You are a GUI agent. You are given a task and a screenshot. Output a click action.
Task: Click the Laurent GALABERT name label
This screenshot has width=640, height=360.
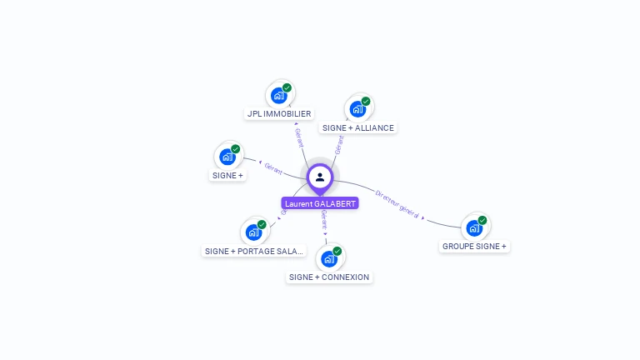[320, 203]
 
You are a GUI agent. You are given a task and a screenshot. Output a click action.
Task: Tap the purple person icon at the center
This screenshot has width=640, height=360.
[320, 177]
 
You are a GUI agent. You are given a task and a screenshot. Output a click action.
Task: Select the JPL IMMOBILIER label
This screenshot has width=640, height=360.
[279, 113]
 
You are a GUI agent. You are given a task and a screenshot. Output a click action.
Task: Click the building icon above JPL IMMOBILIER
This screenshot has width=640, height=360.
[279, 95]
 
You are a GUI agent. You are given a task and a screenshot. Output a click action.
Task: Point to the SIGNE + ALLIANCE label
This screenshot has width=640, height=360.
[357, 127]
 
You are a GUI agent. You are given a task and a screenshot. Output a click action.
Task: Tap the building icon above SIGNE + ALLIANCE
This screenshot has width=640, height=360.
[357, 109]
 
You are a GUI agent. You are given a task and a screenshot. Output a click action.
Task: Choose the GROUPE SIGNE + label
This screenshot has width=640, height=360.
[474, 246]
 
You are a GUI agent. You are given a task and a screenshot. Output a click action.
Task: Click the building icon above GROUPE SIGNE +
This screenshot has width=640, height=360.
[474, 227]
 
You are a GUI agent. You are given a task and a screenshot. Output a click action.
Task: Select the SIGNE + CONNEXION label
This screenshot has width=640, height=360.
[329, 277]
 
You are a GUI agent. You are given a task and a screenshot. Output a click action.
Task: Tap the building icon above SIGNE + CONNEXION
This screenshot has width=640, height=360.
[329, 258]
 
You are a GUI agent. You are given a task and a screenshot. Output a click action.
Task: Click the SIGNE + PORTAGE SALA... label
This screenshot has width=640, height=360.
[254, 251]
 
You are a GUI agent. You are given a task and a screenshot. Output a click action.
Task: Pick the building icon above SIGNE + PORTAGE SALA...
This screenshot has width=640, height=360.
[253, 232]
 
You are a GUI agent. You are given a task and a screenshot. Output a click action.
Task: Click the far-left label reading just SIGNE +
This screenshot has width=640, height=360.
[227, 175]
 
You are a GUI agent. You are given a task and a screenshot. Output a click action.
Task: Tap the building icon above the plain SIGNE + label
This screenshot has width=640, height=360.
[227, 157]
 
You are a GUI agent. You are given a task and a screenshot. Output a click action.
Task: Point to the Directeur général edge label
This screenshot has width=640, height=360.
[397, 204]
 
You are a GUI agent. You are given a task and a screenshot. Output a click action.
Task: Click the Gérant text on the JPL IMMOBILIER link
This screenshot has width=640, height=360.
[299, 137]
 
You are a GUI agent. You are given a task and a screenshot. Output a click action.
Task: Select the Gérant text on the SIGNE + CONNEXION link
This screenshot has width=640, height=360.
[324, 222]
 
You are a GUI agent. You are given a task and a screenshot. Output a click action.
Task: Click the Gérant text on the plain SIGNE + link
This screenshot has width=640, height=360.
[273, 167]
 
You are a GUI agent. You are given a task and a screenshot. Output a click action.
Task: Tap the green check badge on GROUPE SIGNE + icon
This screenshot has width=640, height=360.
[482, 221]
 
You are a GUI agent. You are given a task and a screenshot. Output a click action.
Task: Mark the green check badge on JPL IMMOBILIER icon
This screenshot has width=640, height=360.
[287, 87]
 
